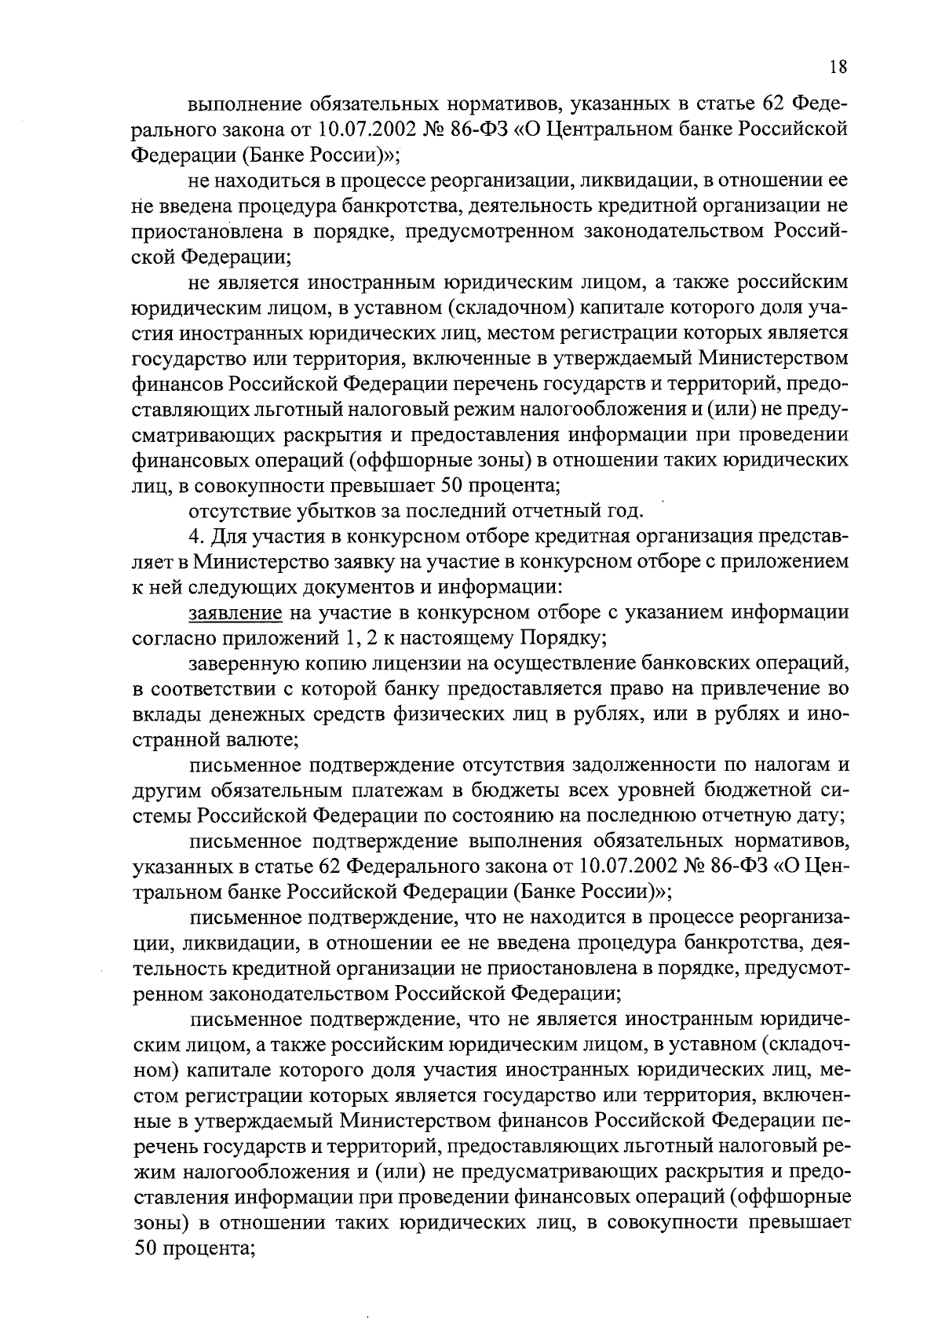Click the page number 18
point(838,67)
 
